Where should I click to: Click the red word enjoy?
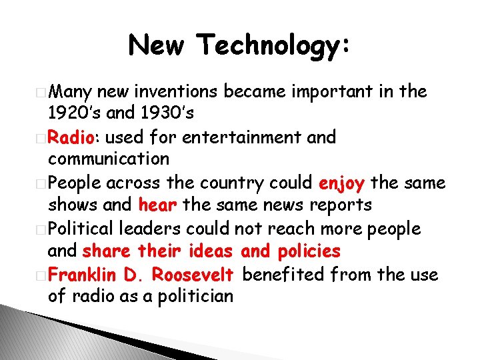point(341,183)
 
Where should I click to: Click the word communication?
point(109,159)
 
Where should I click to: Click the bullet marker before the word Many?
point(43,92)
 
